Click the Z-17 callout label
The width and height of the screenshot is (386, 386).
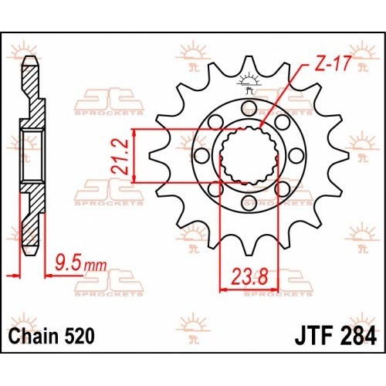pos(332,63)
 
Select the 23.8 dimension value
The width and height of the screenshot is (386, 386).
pos(249,276)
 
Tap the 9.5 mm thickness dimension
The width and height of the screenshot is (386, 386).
pos(81,262)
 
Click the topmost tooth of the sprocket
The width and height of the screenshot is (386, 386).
pos(248,63)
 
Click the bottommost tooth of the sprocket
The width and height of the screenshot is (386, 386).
pos(248,249)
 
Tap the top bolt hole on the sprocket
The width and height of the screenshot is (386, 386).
pos(249,108)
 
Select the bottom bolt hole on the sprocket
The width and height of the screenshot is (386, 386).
pos(249,202)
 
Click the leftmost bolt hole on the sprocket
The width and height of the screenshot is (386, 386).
pos(201,155)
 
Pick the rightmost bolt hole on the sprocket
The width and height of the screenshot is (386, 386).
pos(296,155)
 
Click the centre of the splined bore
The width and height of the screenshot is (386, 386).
pos(249,155)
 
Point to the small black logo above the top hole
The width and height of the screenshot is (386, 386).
pos(249,83)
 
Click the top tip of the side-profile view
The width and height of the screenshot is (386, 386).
pos(31,56)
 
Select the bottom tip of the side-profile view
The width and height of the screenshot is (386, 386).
pos(31,256)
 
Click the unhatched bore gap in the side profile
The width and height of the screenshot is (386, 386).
pos(32,156)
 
